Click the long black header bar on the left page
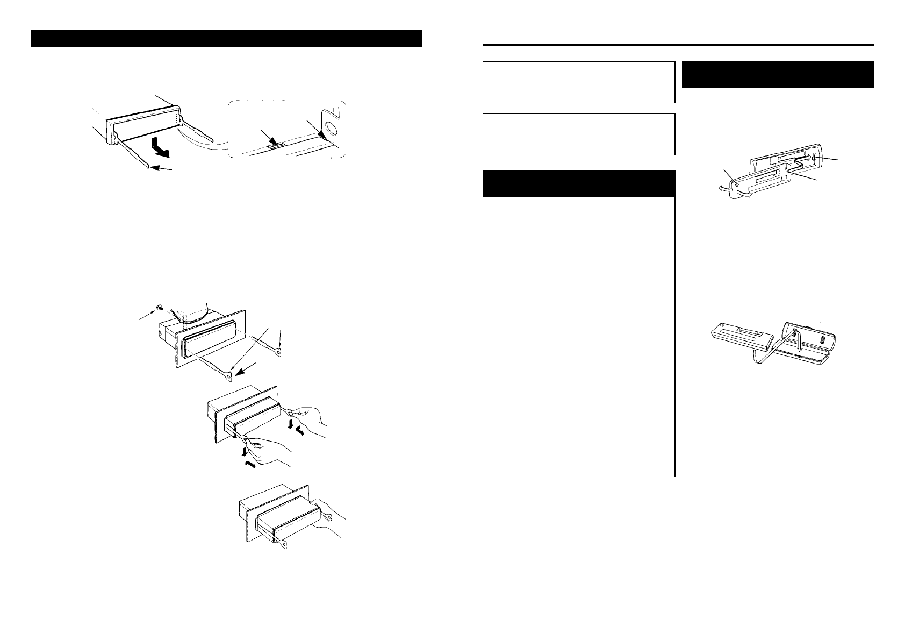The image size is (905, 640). (x=225, y=39)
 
